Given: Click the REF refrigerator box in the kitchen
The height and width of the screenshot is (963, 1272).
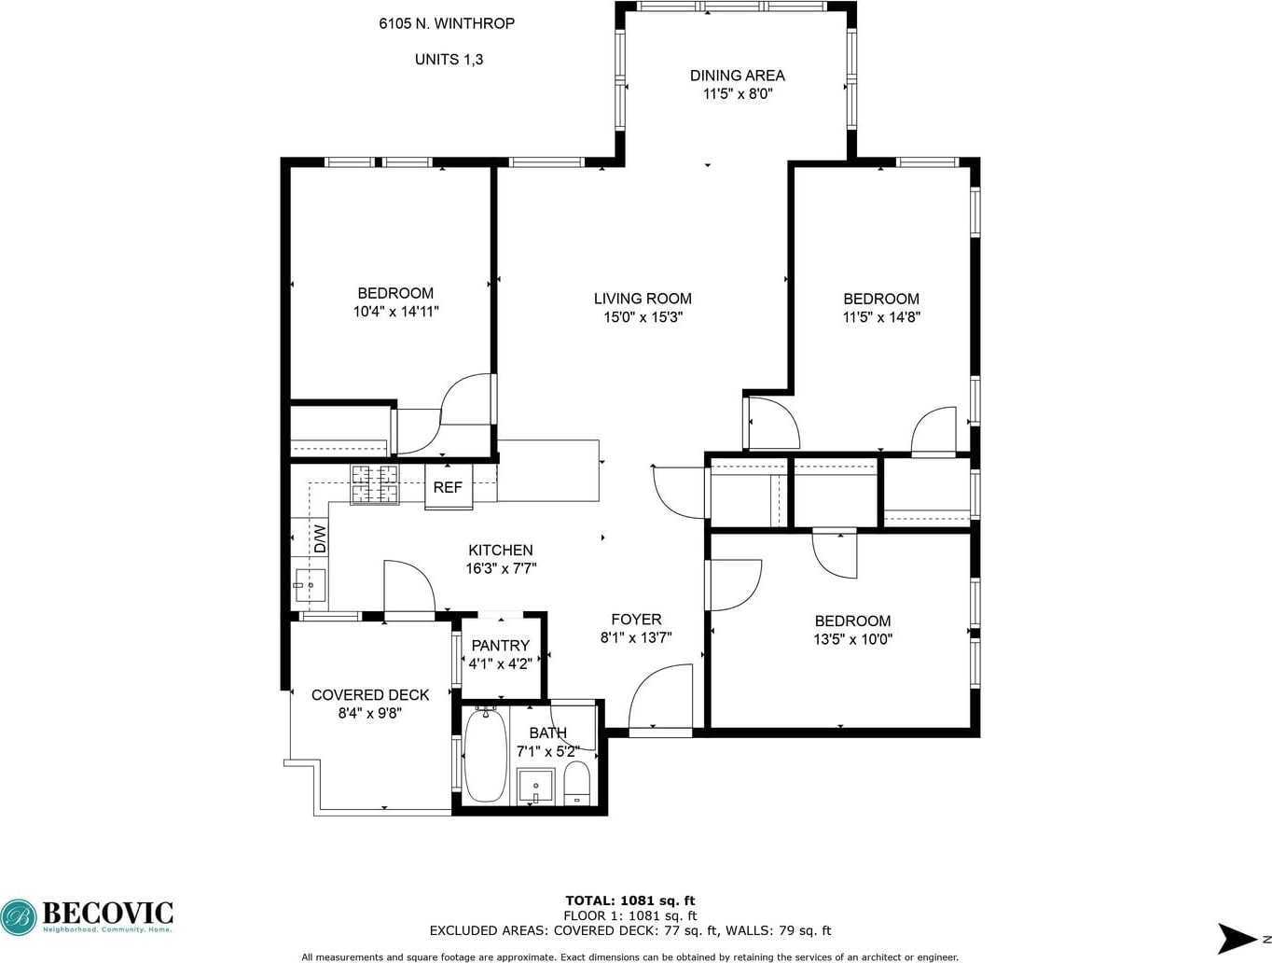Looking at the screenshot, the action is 448,487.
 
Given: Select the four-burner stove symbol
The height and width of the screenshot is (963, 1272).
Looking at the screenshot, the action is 374,483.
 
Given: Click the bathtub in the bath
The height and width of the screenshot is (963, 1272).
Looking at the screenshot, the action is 485,756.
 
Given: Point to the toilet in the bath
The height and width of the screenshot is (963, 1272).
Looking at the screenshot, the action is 576,783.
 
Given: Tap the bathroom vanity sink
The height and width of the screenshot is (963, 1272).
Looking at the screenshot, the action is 535,787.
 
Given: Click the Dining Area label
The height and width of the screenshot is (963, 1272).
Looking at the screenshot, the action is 737,76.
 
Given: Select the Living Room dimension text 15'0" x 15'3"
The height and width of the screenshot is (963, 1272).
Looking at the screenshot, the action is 643,317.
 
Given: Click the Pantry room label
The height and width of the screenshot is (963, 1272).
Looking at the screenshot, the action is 500,646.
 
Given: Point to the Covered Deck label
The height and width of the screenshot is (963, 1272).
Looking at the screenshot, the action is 370,694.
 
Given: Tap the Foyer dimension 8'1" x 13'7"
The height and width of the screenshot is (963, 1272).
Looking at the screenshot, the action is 636,637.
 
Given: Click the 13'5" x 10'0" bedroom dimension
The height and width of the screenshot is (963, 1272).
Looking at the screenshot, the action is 852,639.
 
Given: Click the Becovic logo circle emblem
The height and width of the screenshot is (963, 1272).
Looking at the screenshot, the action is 19,918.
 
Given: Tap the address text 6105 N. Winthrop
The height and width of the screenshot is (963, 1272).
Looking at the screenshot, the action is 447,23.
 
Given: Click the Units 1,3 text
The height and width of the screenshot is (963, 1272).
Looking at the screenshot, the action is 449,60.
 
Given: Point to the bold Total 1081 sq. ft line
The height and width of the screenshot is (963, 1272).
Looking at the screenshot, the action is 629,900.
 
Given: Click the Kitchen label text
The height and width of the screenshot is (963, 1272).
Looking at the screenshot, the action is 501,550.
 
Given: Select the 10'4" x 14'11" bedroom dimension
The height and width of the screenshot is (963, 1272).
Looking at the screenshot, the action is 395,312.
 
